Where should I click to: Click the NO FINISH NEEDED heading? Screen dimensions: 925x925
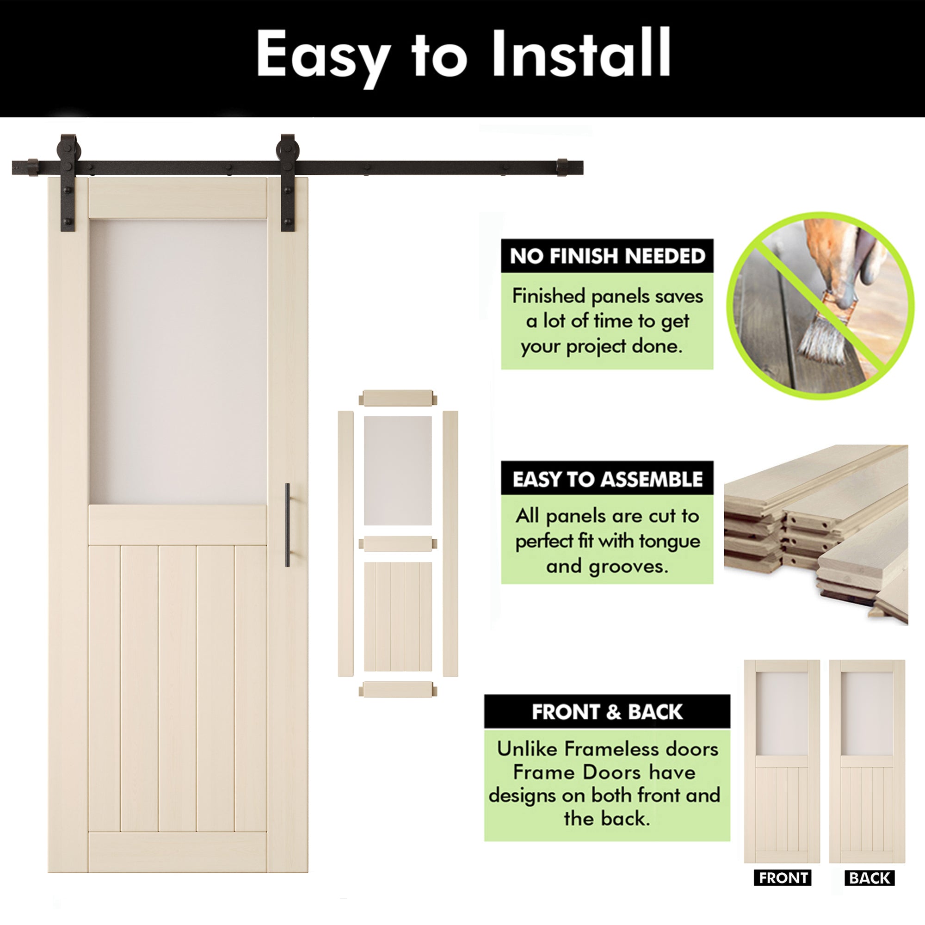coord(607,256)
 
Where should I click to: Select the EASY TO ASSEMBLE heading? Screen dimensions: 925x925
coord(607,479)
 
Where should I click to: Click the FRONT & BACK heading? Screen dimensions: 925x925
coord(607,712)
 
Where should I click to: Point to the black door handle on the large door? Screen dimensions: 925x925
coord(287,525)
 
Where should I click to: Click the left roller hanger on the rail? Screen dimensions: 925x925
coord(68,182)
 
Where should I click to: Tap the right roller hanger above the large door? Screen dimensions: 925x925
coord(287,182)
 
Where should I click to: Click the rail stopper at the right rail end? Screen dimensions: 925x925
coord(562,167)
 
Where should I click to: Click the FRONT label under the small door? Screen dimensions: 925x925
coord(783,878)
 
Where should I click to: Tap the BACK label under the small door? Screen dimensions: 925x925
coord(869,878)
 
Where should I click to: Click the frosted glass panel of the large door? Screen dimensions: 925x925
coord(178,362)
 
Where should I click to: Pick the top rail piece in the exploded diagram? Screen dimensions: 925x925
coord(398,398)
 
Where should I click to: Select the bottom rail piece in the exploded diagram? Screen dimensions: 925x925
coord(398,690)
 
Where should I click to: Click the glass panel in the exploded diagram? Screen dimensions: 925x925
coord(397,471)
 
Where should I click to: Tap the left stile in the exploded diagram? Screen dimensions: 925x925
coord(345,543)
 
